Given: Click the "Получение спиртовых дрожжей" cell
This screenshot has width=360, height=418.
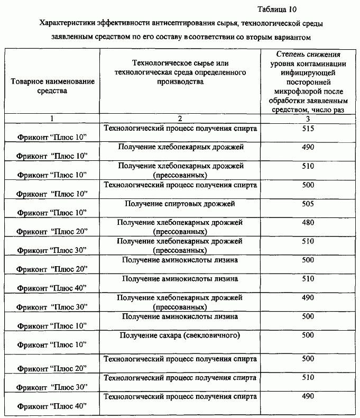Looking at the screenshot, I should tap(180, 204).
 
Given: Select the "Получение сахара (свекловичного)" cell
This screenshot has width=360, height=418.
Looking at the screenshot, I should tap(180, 335).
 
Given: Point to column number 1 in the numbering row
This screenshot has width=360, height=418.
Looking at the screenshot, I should tap(52, 118).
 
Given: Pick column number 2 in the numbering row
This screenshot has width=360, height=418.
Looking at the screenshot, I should tap(180, 118).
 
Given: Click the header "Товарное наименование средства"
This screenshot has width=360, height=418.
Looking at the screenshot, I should tap(52, 86).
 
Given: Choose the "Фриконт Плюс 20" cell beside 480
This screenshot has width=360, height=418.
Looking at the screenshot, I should tap(52, 231).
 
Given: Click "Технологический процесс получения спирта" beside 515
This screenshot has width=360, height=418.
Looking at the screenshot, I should tap(181, 129).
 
